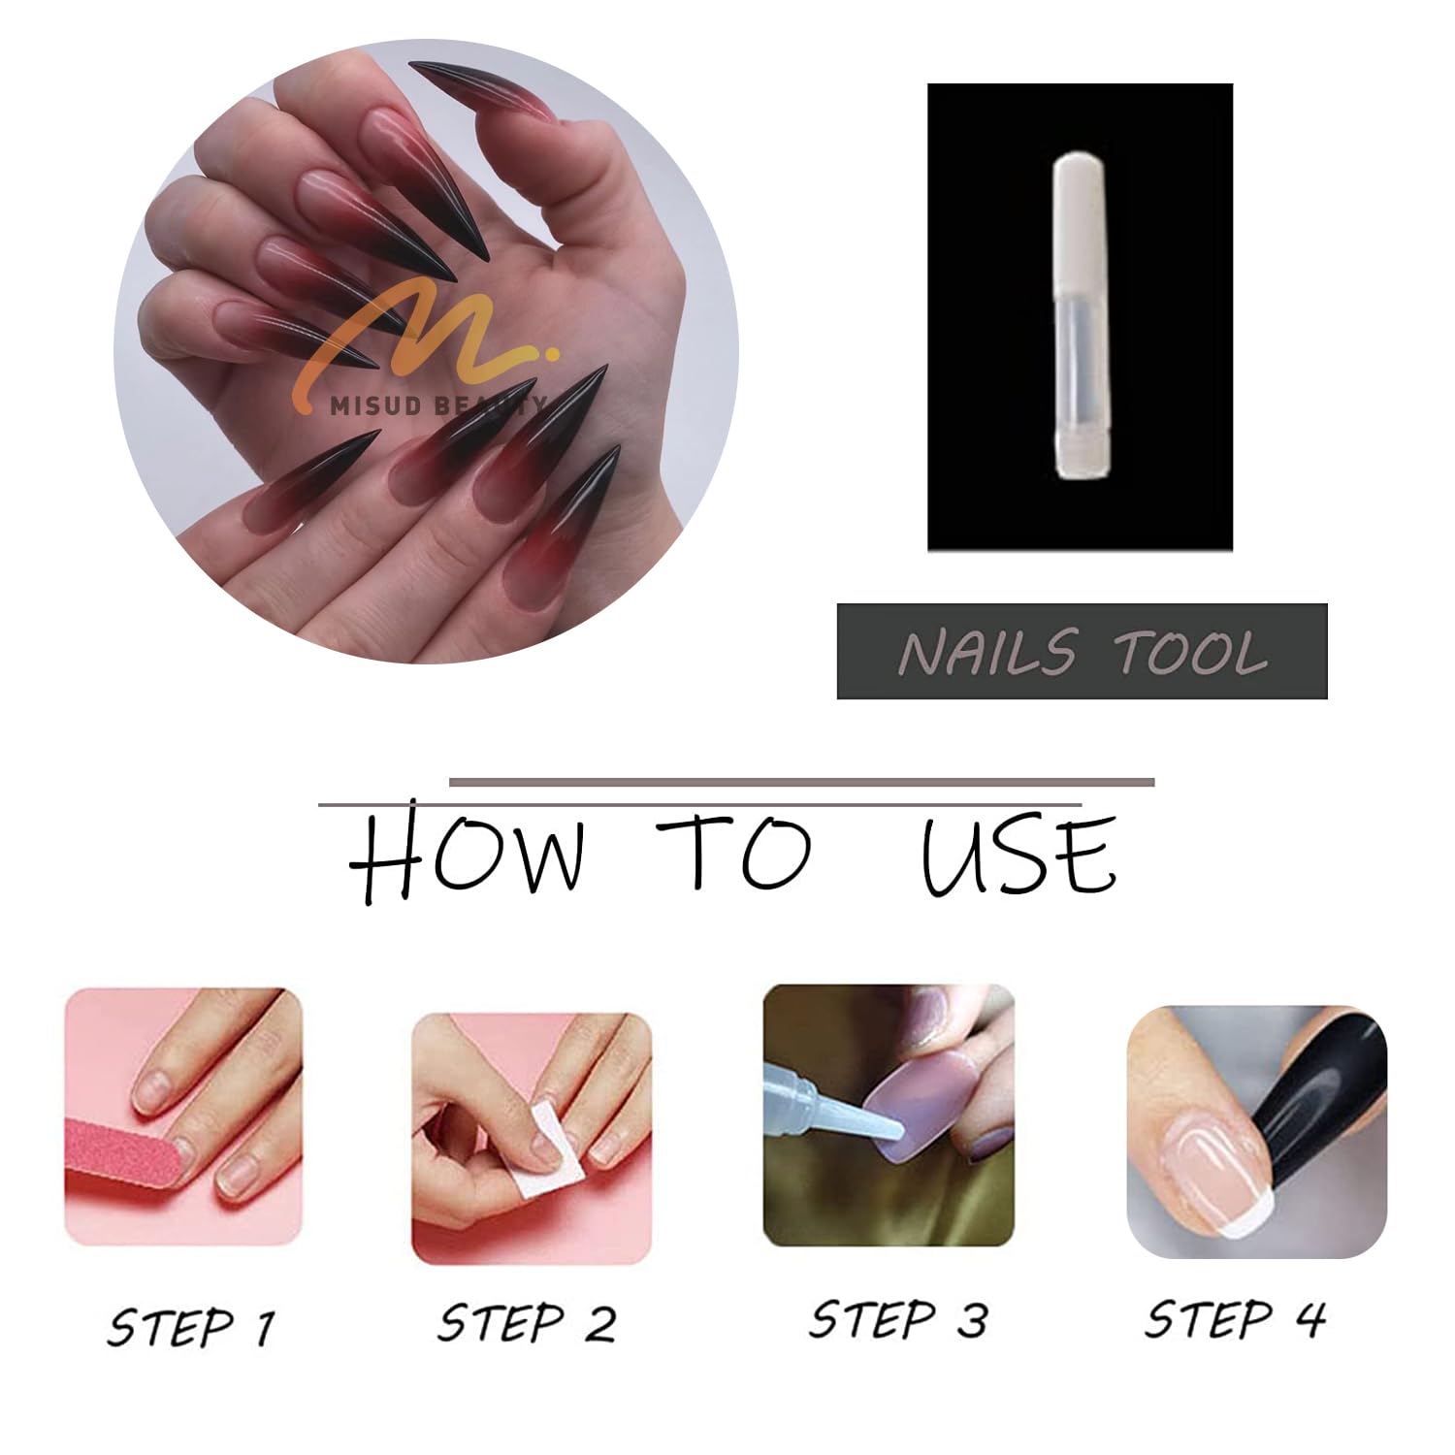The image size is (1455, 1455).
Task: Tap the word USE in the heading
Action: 1018,856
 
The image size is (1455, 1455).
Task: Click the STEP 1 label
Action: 191,1326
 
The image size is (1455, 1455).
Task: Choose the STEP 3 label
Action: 898,1320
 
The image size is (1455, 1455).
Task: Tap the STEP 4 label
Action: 1235,1319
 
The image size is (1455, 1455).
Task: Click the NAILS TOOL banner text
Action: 1083,652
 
